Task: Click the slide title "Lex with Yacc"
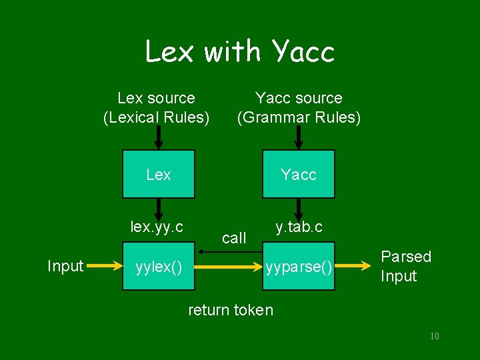239,51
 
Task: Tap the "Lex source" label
156,98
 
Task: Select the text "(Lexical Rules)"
156,118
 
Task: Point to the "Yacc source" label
299,98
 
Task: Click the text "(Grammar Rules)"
299,118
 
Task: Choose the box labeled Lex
159,174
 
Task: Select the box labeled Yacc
299,174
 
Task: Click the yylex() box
159,267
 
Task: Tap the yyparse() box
299,267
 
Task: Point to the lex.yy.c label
157,227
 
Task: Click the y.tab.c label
299,227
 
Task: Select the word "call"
234,238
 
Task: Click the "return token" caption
231,309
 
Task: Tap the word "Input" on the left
65,267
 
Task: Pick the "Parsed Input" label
405,266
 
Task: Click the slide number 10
434,336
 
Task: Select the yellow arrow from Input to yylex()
103,266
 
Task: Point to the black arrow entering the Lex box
159,139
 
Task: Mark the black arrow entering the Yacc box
299,139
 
